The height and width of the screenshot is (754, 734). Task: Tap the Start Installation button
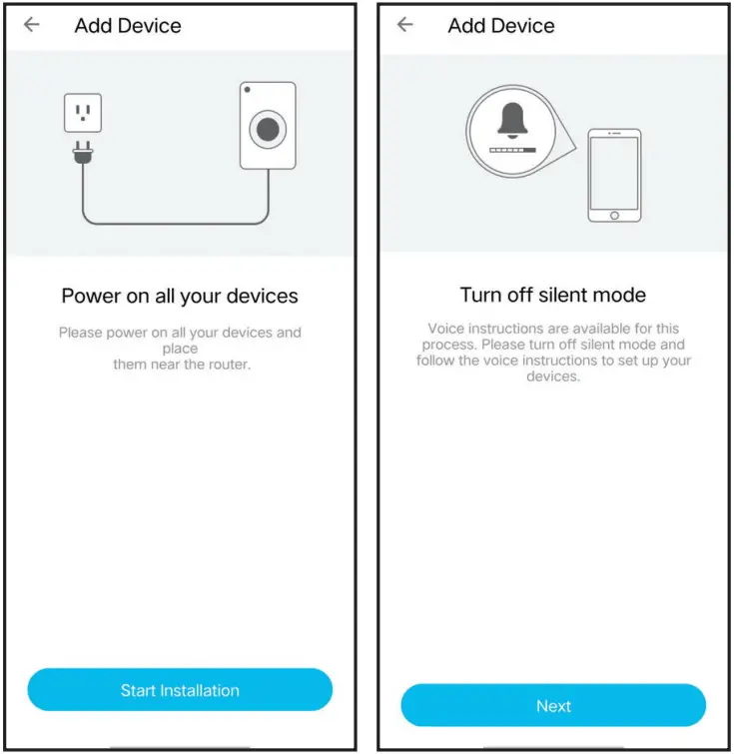(180, 689)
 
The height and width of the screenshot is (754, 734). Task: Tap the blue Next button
(553, 705)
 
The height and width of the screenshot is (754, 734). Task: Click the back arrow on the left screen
(32, 24)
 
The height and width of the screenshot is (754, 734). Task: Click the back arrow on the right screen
(405, 24)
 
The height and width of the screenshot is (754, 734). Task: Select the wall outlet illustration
(83, 113)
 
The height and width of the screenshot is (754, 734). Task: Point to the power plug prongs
(83, 146)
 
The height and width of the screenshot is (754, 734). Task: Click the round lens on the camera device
(268, 130)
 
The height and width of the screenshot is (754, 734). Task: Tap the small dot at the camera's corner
(248, 90)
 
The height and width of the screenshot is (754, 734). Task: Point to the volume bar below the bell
(512, 150)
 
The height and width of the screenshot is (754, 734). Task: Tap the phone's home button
(614, 216)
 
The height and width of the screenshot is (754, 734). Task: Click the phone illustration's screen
(614, 173)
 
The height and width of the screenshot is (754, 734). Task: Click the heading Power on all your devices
(180, 297)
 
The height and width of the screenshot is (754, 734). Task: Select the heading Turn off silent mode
(553, 295)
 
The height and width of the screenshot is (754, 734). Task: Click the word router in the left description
(230, 364)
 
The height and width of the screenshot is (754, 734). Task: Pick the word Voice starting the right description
(445, 329)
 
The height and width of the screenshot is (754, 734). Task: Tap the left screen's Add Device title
(128, 26)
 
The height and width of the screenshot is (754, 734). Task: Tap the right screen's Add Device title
(501, 26)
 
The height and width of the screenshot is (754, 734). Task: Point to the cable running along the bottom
(176, 224)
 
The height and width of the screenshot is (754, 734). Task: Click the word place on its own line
(180, 349)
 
